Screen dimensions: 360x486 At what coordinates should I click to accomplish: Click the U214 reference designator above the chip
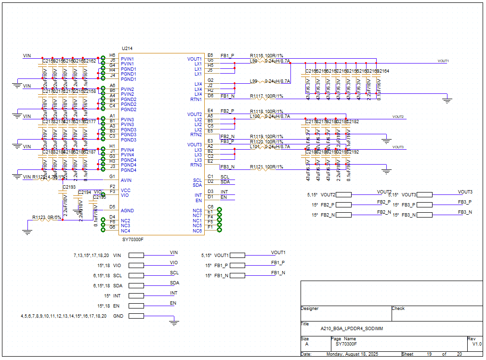pos(127,49)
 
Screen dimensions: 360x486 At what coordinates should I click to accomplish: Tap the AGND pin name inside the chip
pos(127,211)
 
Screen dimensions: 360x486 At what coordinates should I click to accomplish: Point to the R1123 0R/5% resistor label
pos(47,218)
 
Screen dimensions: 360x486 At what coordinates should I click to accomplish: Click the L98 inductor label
pos(253,61)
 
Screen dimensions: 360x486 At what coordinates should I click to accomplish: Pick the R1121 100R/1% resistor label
pos(266,167)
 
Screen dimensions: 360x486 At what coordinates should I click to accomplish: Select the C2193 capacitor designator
pos(69,187)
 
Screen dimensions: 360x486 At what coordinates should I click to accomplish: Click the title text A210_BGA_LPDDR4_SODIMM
pos(352,328)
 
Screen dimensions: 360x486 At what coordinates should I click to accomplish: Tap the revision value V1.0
pos(476,344)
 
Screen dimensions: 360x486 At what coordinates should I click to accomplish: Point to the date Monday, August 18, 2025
pos(353,354)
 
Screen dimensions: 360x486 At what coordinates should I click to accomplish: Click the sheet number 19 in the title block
pos(428,354)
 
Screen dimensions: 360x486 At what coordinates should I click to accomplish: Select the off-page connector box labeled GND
pos(136,316)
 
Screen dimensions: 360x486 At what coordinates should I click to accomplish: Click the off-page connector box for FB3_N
pos(424,215)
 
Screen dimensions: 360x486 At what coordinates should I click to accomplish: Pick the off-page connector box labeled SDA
pos(136,286)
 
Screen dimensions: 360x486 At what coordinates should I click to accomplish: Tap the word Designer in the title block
pos(310,309)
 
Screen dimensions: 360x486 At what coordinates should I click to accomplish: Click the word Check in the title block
pos(398,309)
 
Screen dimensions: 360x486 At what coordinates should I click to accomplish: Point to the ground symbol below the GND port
pos(174,323)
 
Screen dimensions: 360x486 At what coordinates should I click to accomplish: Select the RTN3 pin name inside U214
pos(196,165)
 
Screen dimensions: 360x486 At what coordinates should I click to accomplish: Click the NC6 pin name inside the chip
pos(197,231)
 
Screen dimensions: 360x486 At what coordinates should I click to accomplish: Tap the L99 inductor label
pos(253,81)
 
